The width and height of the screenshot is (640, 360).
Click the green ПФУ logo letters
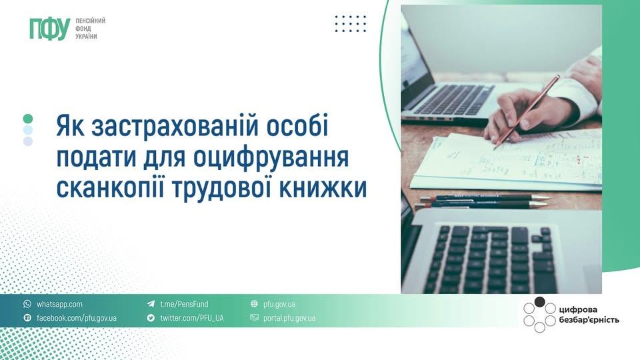coord(49,28)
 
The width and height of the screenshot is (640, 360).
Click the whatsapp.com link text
coord(59,304)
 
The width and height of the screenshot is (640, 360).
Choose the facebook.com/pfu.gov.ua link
coord(76,318)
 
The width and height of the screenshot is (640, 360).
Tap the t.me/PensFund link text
coord(184,304)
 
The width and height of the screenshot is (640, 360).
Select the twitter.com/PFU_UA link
coord(191,318)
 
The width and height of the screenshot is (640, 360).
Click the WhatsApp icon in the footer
coord(27,304)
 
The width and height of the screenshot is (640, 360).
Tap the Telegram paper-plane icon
coord(151,304)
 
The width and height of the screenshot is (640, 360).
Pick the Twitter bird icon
coord(151,318)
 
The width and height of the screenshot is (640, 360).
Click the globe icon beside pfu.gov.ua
coord(254,304)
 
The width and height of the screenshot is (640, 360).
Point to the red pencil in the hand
coord(527,111)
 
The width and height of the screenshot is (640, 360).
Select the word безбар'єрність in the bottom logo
coord(589,320)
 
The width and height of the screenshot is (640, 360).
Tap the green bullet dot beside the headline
coord(28,119)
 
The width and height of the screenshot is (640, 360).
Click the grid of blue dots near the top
coord(351,24)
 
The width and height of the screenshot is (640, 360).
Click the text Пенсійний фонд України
coord(91,28)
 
